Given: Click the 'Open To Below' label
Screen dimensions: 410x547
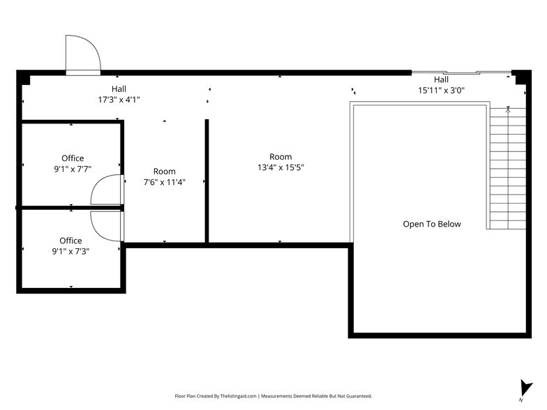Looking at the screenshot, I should click(x=432, y=225).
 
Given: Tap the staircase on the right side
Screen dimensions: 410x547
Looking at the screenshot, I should click(x=508, y=167).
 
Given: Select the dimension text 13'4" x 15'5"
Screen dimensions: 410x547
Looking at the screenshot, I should click(x=280, y=167).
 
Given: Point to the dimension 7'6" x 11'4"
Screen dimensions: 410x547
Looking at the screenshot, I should click(x=165, y=182).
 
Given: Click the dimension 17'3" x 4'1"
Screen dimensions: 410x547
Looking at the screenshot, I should click(x=119, y=100).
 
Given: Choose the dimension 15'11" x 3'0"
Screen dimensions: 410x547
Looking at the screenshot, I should click(x=441, y=90).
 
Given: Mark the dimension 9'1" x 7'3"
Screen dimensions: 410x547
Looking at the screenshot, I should click(x=70, y=252).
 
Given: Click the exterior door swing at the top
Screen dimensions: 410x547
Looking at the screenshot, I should click(x=82, y=54).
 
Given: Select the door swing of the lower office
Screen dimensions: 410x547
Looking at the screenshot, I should click(x=108, y=225).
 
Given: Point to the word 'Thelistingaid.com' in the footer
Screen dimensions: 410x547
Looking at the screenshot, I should click(x=232, y=396).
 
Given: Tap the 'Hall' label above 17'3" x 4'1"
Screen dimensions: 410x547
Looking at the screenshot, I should click(x=119, y=89).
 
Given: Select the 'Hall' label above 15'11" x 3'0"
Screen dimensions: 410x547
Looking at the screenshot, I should click(x=441, y=79).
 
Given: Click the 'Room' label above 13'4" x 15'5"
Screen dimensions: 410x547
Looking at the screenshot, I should click(x=280, y=157).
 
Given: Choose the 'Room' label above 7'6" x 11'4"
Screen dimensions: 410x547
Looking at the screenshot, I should click(x=165, y=172).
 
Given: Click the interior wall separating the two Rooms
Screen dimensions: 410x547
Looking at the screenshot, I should click(x=207, y=181).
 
